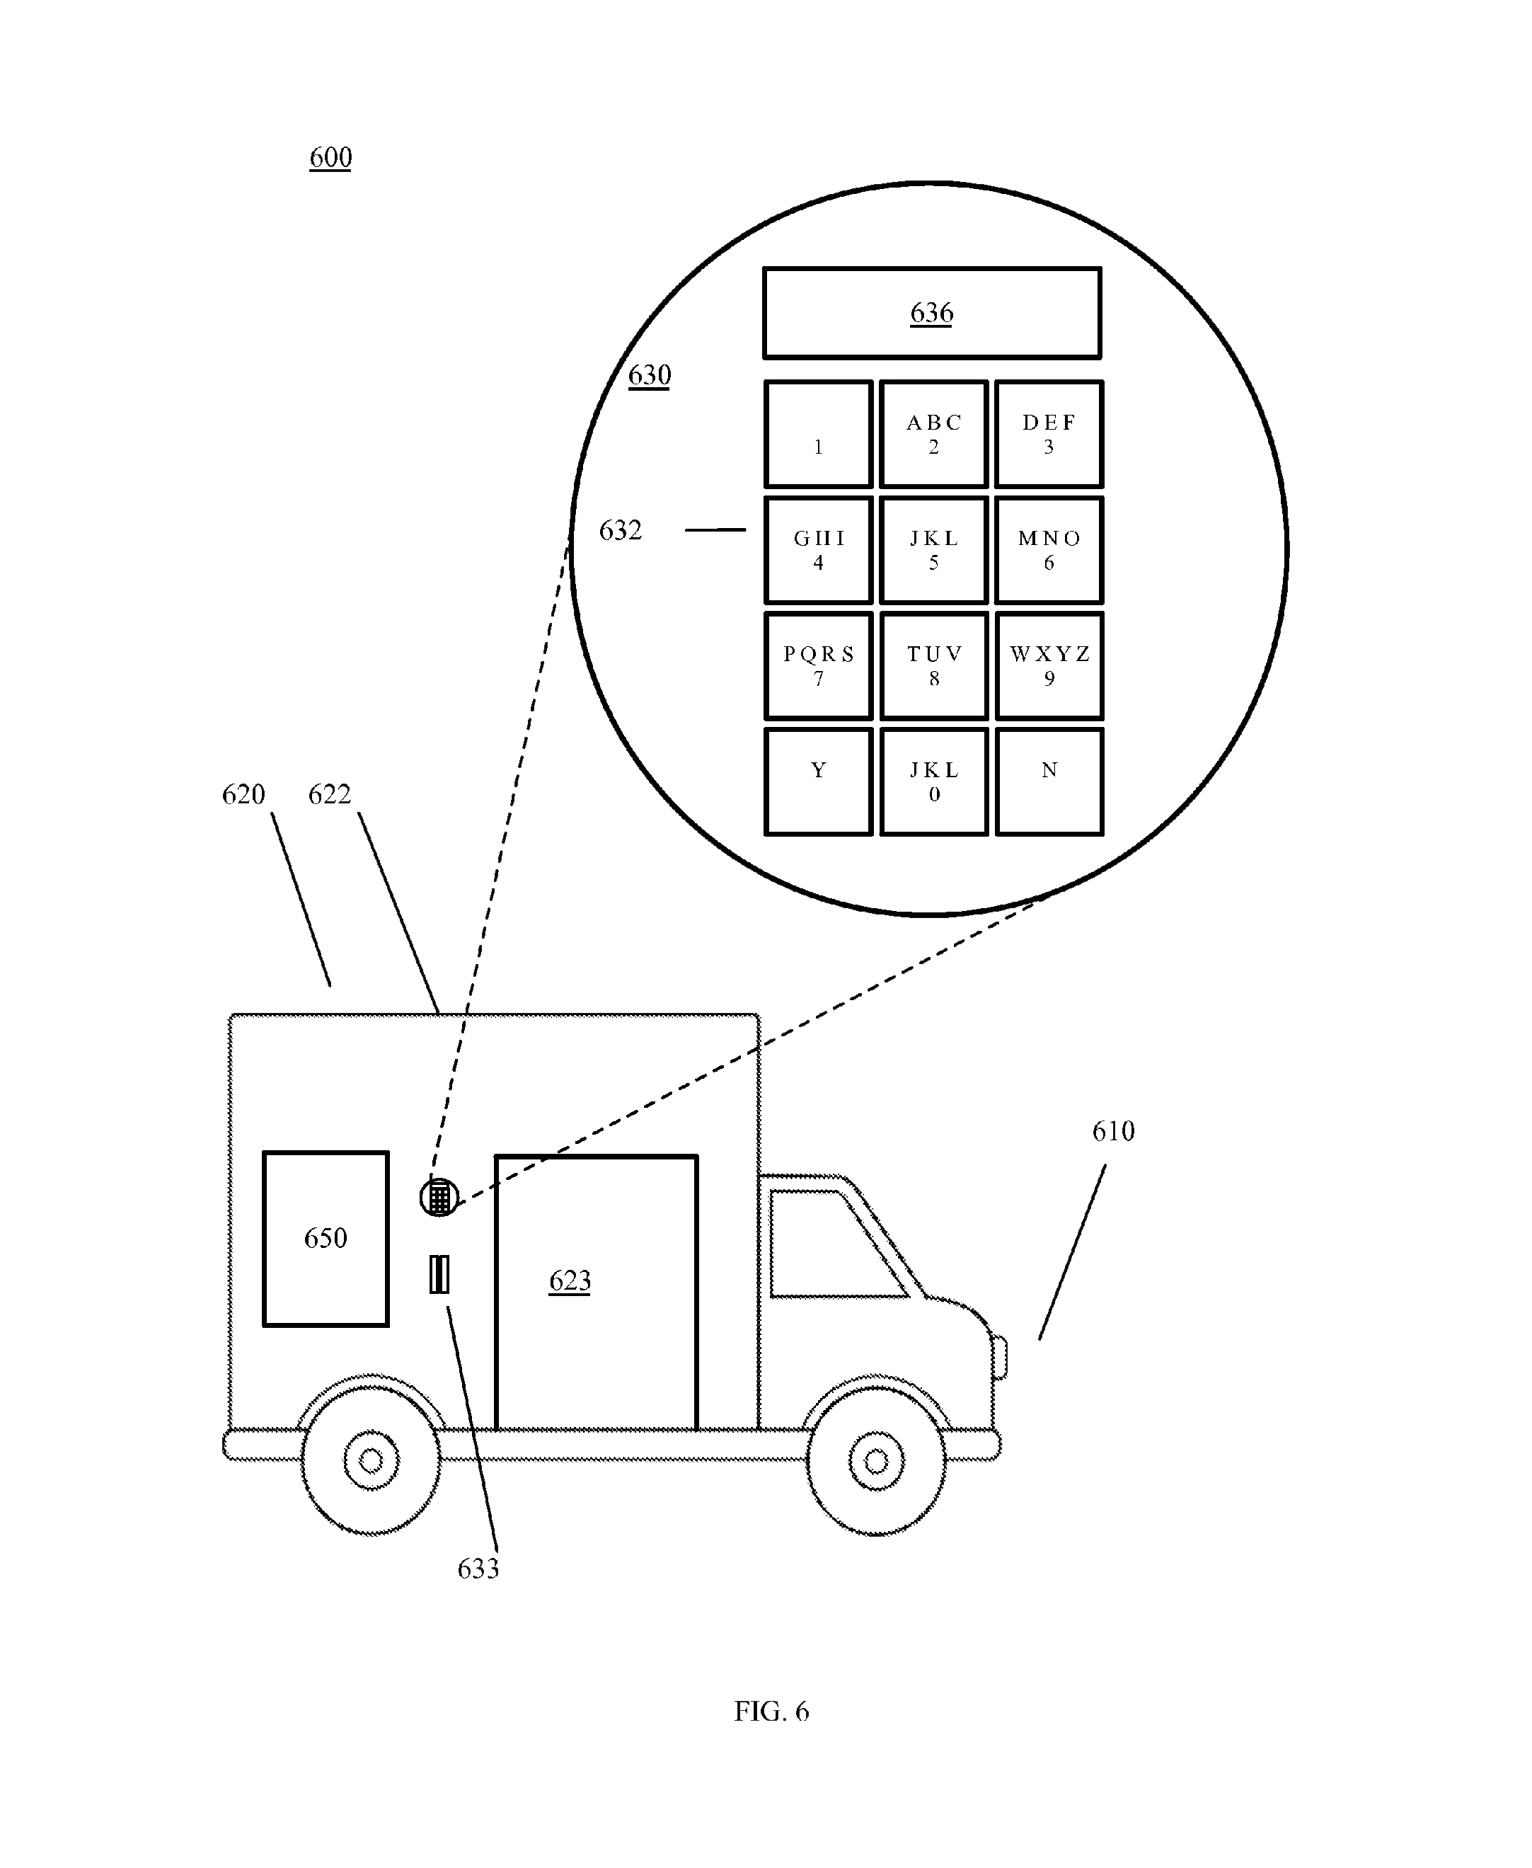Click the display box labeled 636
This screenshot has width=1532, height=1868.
[x=932, y=314]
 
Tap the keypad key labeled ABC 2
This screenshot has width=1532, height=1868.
[x=933, y=435]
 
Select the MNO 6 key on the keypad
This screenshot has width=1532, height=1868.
[x=1049, y=550]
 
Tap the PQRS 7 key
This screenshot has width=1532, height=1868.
[x=818, y=665]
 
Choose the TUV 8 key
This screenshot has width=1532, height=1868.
[x=933, y=665]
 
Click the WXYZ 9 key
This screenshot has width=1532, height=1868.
[x=1049, y=665]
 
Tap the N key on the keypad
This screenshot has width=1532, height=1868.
[x=1049, y=781]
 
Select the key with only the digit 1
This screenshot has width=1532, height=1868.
[x=818, y=435]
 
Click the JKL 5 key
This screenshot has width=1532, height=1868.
[x=933, y=550]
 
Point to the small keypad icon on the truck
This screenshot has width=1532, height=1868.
[x=439, y=1198]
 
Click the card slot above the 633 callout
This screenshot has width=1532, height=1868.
[x=439, y=1274]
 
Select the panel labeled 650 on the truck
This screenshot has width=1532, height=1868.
[x=326, y=1238]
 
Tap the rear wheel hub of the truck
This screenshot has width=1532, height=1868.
[x=372, y=1461]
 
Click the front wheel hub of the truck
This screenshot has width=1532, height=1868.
[x=876, y=1461]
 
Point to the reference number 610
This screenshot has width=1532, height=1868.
[x=1113, y=1132]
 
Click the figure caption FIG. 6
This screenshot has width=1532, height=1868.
[x=771, y=1712]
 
